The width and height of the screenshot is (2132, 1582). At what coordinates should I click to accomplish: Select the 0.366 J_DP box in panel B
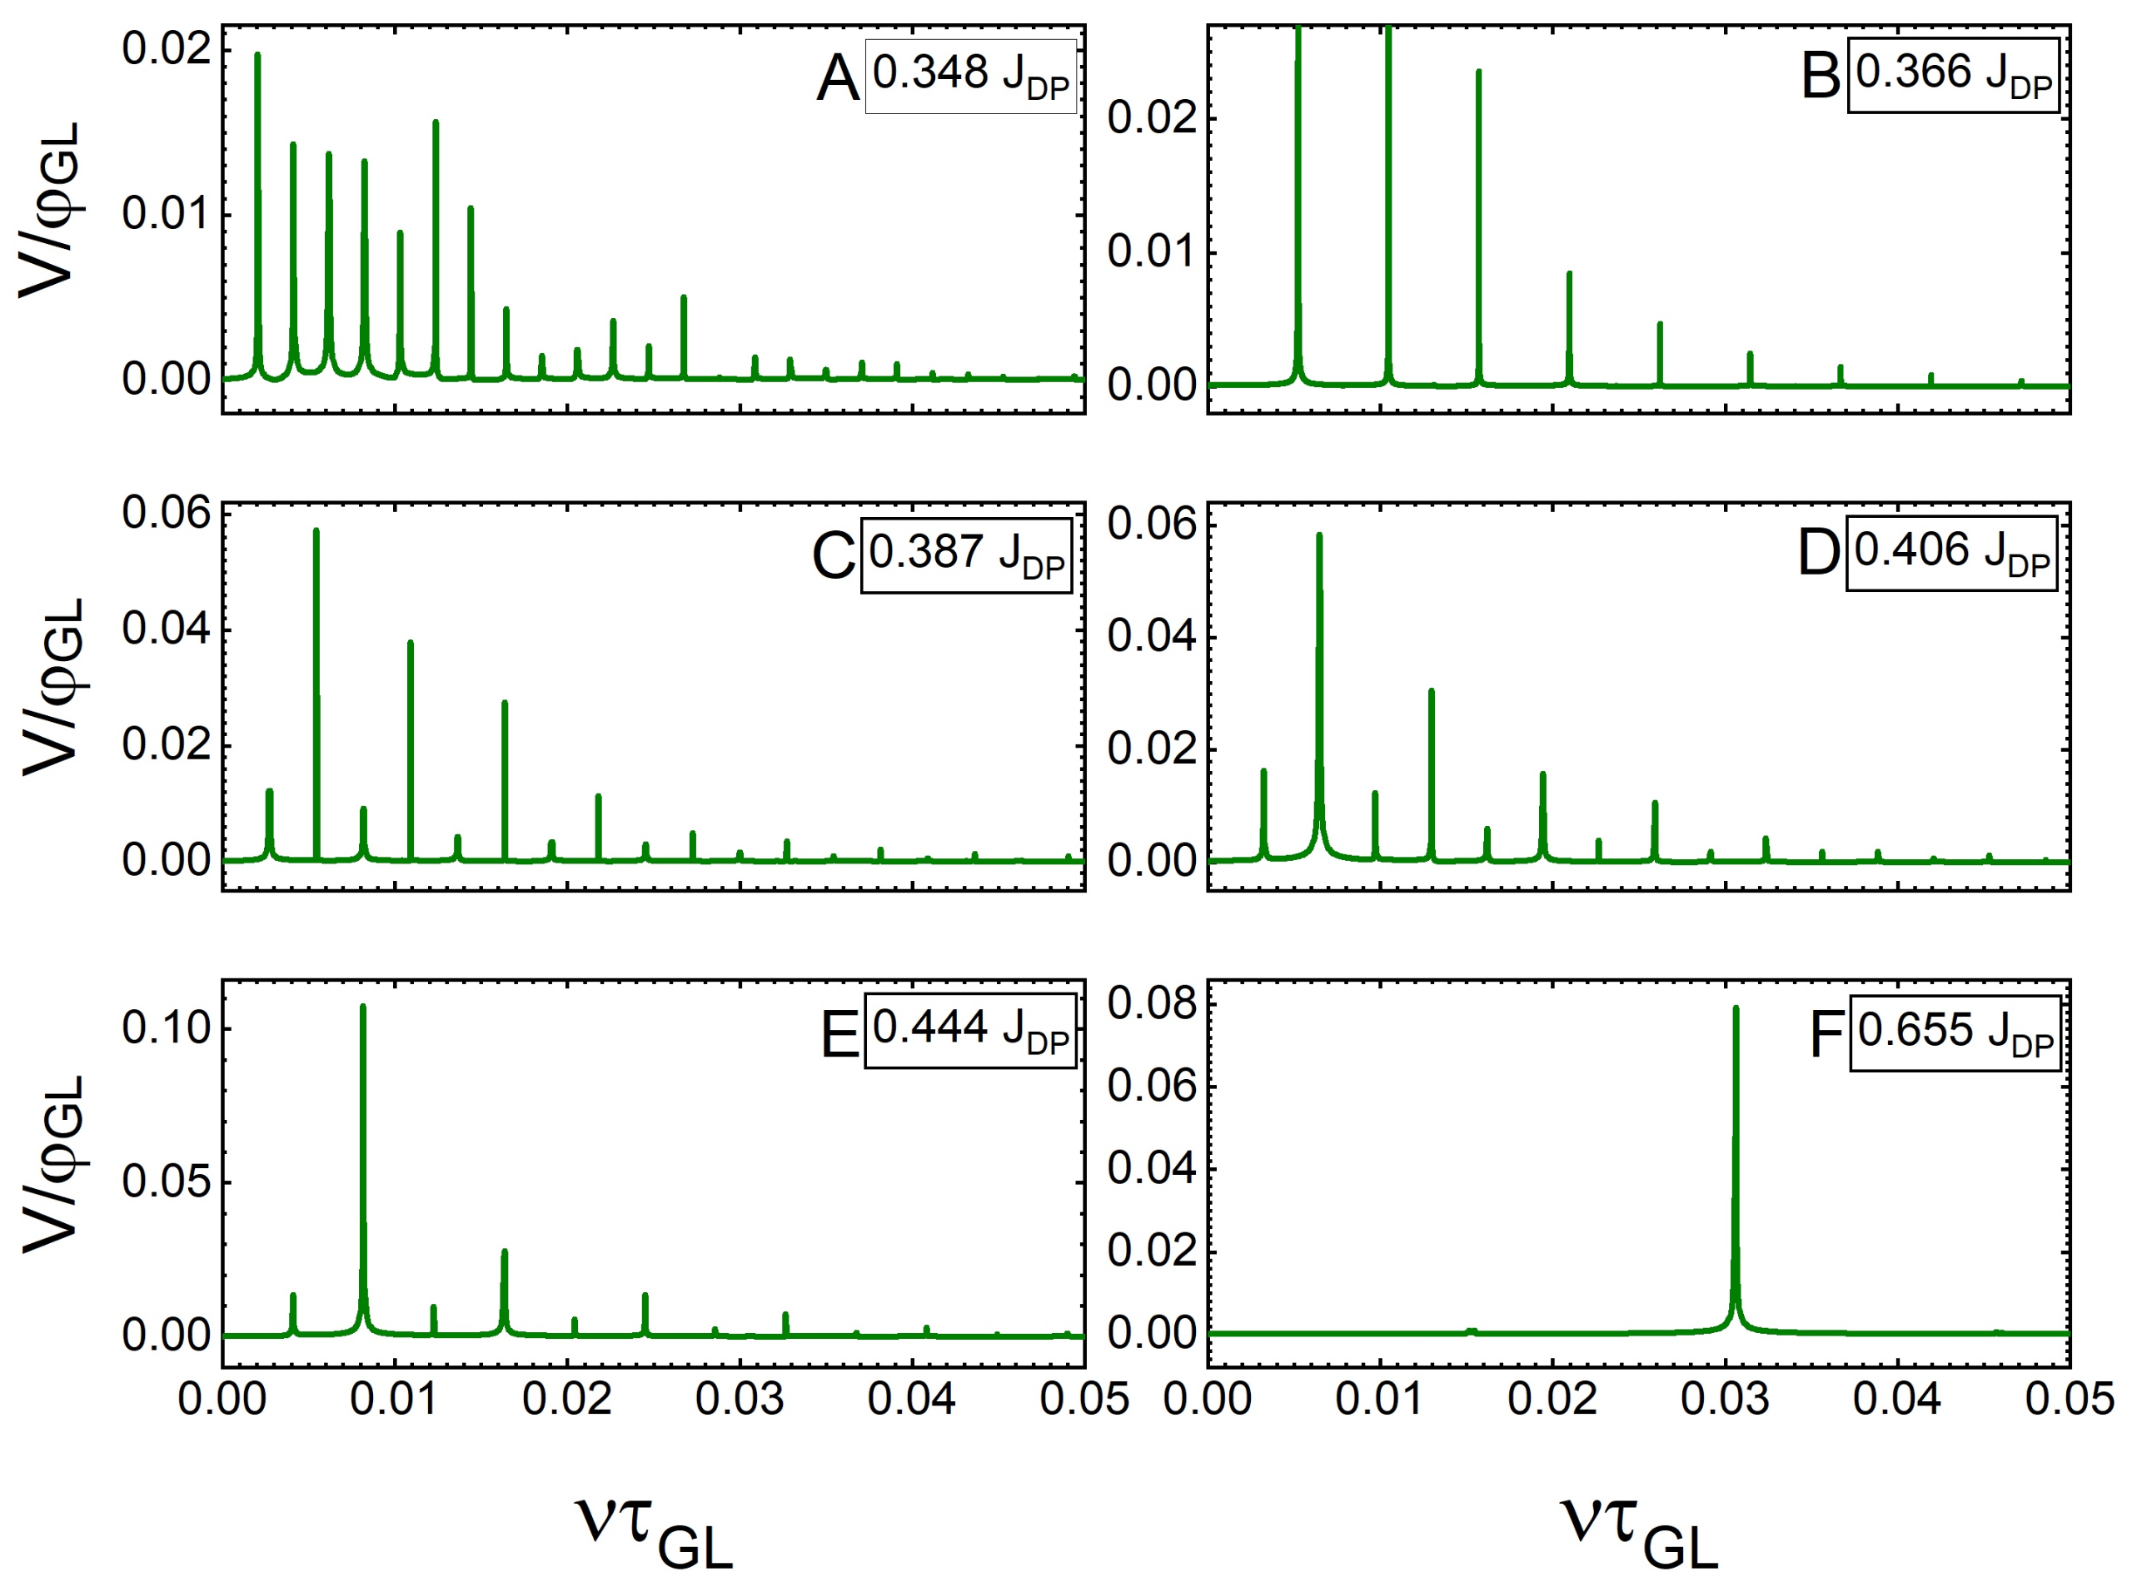click(1952, 77)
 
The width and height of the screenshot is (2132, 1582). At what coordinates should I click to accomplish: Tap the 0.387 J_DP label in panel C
click(965, 555)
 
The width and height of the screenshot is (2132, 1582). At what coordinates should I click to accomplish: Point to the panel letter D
click(1818, 554)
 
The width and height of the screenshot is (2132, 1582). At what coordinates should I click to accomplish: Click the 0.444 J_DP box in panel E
click(970, 1032)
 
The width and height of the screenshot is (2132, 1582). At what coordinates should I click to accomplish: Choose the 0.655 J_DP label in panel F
click(1955, 1033)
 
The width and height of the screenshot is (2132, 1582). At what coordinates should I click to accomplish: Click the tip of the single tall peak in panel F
click(1735, 1009)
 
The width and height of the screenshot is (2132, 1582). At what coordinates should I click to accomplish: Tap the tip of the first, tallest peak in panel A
click(257, 56)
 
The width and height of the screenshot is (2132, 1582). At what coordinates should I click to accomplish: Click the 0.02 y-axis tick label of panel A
click(166, 48)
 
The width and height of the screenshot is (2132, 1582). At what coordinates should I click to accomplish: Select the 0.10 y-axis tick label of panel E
click(166, 1028)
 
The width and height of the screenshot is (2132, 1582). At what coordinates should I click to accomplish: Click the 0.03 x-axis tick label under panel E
click(740, 1400)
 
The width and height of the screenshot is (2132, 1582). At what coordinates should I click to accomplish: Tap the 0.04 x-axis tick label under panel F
click(1896, 1400)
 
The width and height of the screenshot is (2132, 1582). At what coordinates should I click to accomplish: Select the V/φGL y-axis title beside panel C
click(52, 687)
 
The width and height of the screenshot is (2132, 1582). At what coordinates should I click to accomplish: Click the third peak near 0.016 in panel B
click(1478, 72)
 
